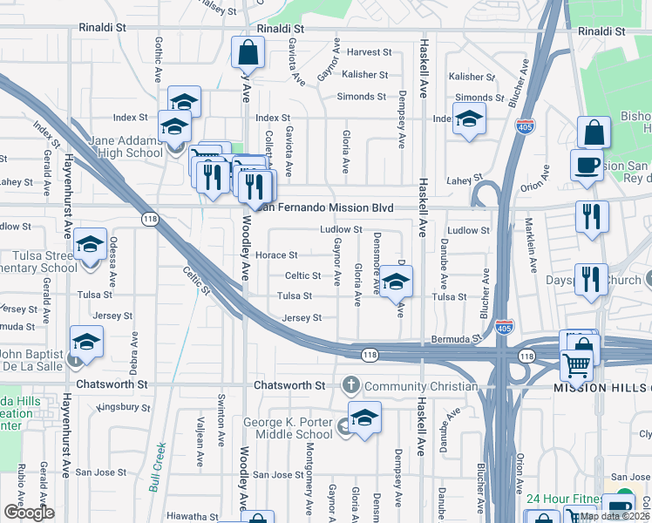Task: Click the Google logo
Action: click(30, 513)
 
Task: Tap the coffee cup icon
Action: click(587, 163)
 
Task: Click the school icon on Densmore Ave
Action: click(396, 282)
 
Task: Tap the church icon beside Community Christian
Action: click(351, 384)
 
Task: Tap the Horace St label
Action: click(277, 255)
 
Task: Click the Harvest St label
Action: click(366, 52)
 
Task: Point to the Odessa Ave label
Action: click(113, 267)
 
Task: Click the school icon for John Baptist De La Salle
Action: click(86, 343)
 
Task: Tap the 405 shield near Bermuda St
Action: click(503, 327)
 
